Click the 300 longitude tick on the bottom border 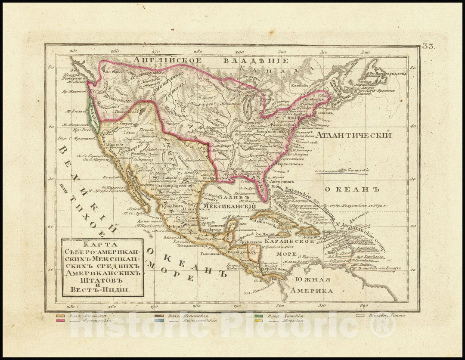click(279, 307)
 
